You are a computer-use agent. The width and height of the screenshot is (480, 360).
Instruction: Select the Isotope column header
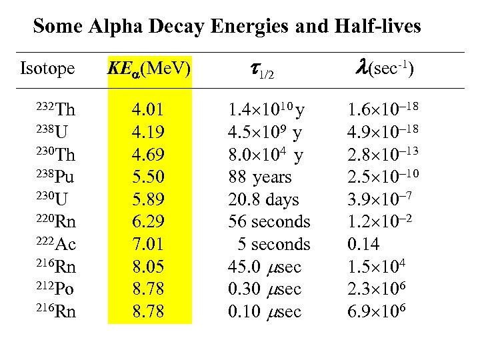pyautogui.click(x=47, y=69)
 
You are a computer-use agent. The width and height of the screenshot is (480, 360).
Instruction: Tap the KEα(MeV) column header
pyautogui.click(x=149, y=69)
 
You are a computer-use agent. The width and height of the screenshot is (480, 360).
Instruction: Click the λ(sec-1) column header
pyautogui.click(x=382, y=69)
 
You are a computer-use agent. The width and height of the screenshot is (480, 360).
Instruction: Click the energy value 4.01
pyautogui.click(x=149, y=110)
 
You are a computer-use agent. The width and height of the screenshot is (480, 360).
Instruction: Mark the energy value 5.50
pyautogui.click(x=149, y=177)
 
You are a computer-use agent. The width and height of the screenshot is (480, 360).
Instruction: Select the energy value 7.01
pyautogui.click(x=149, y=245)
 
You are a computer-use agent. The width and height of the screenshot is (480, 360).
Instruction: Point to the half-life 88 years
pyautogui.click(x=260, y=177)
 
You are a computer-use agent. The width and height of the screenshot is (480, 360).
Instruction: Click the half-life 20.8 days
pyautogui.click(x=263, y=200)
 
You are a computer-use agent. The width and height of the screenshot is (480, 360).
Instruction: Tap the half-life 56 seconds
pyautogui.click(x=269, y=222)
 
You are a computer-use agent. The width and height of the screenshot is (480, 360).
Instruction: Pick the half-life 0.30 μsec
pyautogui.click(x=265, y=289)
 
